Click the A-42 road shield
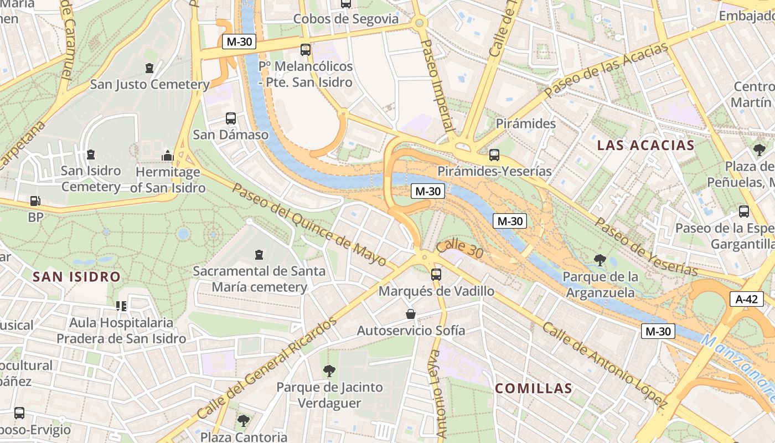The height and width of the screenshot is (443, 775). tap(747, 299)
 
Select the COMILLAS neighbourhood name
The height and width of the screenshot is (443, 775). tap(533, 388)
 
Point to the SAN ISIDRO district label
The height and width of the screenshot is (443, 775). tap(76, 276)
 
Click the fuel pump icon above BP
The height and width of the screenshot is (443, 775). tap(35, 202)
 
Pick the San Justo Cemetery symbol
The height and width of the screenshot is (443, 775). tap(149, 68)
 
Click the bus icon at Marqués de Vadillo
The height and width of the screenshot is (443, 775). tap(436, 274)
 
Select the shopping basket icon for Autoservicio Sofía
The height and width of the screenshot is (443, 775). tap(411, 314)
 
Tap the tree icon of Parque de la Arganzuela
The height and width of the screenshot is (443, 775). tap(600, 260)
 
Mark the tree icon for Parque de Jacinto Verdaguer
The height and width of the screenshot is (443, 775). tap(329, 370)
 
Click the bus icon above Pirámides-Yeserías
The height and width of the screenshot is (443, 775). tap(494, 155)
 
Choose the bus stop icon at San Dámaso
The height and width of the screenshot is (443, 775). tap(231, 119)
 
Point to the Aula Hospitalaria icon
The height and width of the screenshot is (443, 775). tap(121, 306)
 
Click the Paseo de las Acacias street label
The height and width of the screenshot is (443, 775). tap(607, 71)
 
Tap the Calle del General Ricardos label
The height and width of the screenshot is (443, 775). tap(267, 368)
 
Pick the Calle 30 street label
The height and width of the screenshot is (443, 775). tap(459, 249)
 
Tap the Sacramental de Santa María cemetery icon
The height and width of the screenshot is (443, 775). tap(259, 255)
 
